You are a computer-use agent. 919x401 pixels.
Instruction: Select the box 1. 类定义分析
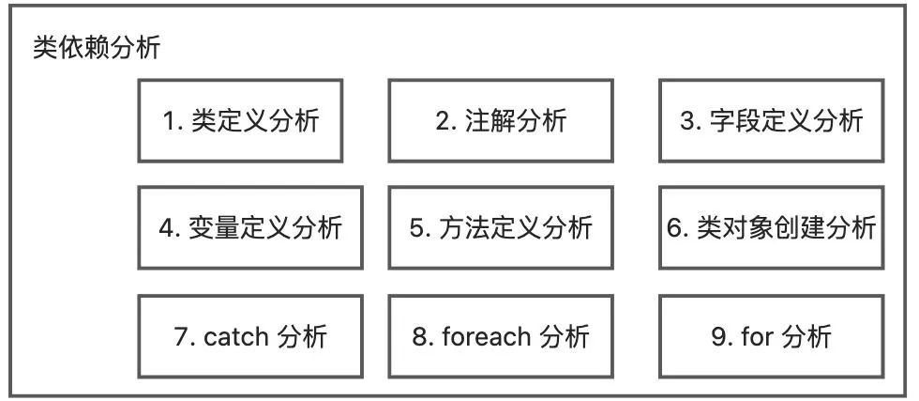tap(241, 120)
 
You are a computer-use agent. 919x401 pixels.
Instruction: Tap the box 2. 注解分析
tap(502, 120)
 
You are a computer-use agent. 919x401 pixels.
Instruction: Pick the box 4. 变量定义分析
tap(250, 228)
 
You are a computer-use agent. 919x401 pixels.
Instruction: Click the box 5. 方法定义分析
tap(502, 228)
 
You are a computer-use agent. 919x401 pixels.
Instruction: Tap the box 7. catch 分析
tap(250, 336)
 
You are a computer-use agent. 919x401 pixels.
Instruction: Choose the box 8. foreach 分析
tap(502, 336)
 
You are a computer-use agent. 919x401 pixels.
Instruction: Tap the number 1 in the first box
tap(170, 121)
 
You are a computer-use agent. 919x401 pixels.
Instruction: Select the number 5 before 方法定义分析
tap(417, 229)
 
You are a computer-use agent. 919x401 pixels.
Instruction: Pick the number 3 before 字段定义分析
tap(687, 121)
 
